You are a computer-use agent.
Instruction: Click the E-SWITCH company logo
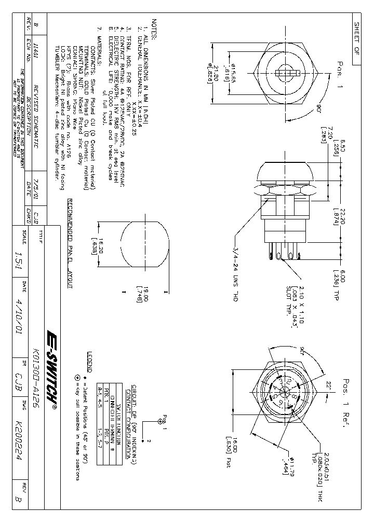point(52,365)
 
